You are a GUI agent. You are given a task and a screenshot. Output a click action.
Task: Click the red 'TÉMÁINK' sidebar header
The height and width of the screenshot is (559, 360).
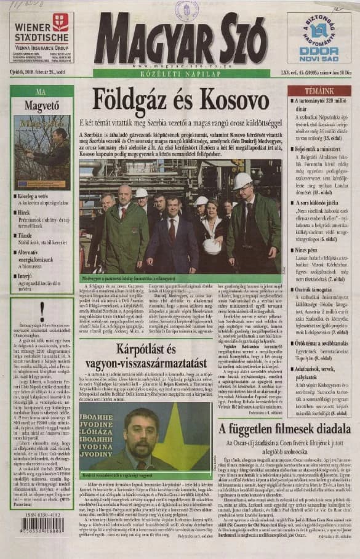click(x=311, y=90)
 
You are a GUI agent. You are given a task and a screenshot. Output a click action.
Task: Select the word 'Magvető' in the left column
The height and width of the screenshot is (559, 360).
click(x=41, y=105)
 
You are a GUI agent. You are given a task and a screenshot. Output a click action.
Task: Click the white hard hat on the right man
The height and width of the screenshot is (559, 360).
click(x=244, y=180)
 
